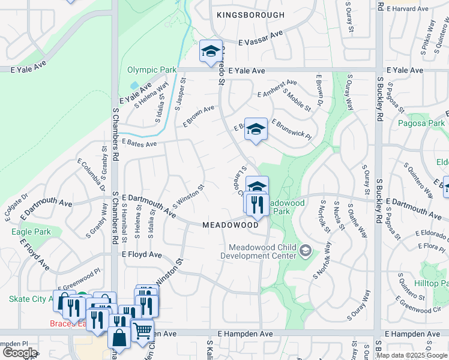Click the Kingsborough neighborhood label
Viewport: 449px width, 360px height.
click(251, 14)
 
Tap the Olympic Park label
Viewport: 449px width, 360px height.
click(152, 70)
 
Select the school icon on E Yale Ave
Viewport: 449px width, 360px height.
click(211, 52)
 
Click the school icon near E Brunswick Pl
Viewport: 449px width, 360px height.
click(256, 129)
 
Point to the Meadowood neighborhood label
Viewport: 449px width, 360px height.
click(230, 225)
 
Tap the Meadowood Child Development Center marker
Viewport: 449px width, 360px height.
click(306, 250)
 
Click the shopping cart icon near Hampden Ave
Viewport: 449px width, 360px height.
click(142, 329)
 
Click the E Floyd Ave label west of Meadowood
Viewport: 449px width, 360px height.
click(142, 255)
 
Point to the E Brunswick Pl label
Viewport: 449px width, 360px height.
click(291, 129)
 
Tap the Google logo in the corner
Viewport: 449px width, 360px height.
click(20, 353)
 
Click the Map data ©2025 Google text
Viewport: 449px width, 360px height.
click(412, 355)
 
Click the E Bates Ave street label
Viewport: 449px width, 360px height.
click(139, 143)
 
